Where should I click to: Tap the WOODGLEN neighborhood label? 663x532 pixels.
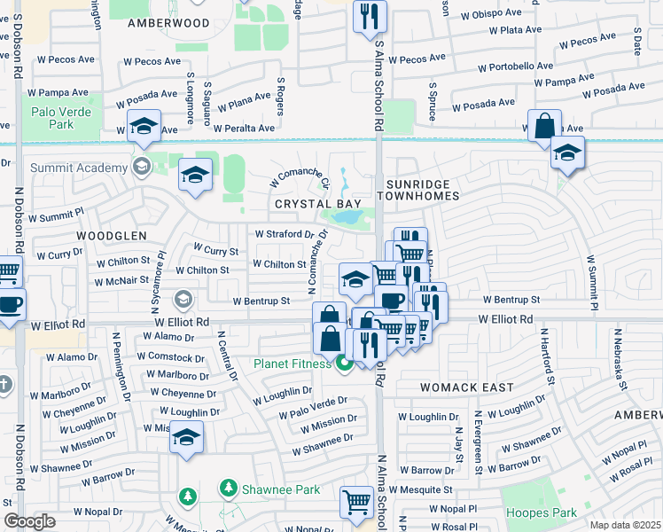[111, 236]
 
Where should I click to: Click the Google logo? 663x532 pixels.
[29, 521]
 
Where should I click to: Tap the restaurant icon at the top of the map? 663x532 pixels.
[370, 16]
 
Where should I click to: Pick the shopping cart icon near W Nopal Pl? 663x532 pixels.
[356, 502]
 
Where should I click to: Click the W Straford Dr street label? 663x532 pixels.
[284, 234]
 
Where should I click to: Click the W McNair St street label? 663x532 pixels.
[122, 279]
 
